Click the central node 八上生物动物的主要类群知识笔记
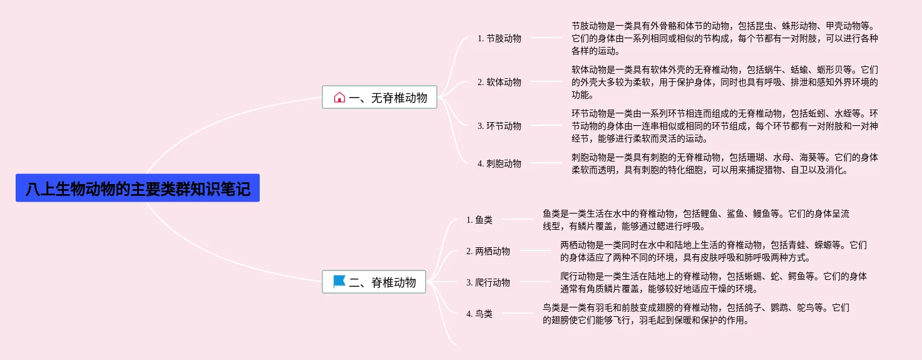click(x=138, y=188)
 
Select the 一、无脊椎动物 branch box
click(x=379, y=97)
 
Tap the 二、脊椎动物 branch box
click(x=374, y=282)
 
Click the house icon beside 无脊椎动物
click(x=339, y=97)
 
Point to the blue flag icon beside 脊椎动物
click(x=339, y=282)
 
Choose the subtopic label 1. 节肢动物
click(x=499, y=38)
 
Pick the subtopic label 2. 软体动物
click(x=499, y=82)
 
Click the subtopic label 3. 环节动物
click(x=499, y=126)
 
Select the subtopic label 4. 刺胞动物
click(x=499, y=163)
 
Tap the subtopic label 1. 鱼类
click(x=479, y=220)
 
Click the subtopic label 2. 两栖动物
click(x=488, y=251)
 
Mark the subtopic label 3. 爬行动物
click(x=488, y=282)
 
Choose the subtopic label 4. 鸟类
click(x=479, y=314)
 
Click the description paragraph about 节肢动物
click(x=724, y=38)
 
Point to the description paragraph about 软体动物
click(x=724, y=82)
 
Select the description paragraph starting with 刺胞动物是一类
click(x=724, y=163)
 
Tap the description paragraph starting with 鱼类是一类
click(x=695, y=220)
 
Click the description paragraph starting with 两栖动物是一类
click(x=713, y=251)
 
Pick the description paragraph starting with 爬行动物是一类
click(x=713, y=282)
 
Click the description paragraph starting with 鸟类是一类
click(x=695, y=314)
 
